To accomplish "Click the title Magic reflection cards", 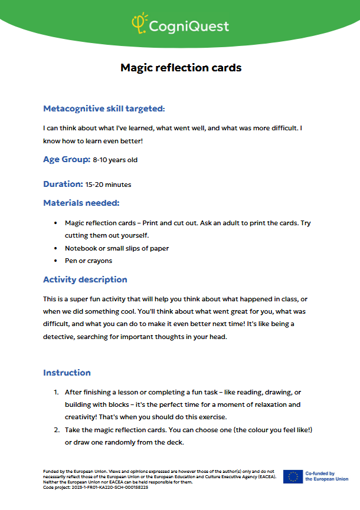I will (x=181, y=67).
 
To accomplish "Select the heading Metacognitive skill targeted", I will (x=104, y=108).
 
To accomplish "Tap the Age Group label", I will (x=67, y=159).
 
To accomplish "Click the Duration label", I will (x=63, y=184).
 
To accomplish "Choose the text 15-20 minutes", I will (x=108, y=185).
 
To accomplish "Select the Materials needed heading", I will (x=81, y=203).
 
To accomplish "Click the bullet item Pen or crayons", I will (x=89, y=261).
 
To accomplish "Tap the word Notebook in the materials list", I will (x=82, y=248).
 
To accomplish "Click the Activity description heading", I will (x=85, y=279).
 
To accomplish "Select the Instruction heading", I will (x=67, y=373).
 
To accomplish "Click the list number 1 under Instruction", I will (x=56, y=392).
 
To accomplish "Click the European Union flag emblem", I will (x=293, y=476).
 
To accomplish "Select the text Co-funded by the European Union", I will (x=326, y=476).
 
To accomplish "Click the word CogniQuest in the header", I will (x=189, y=26).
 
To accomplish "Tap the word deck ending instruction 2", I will (x=176, y=442).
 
